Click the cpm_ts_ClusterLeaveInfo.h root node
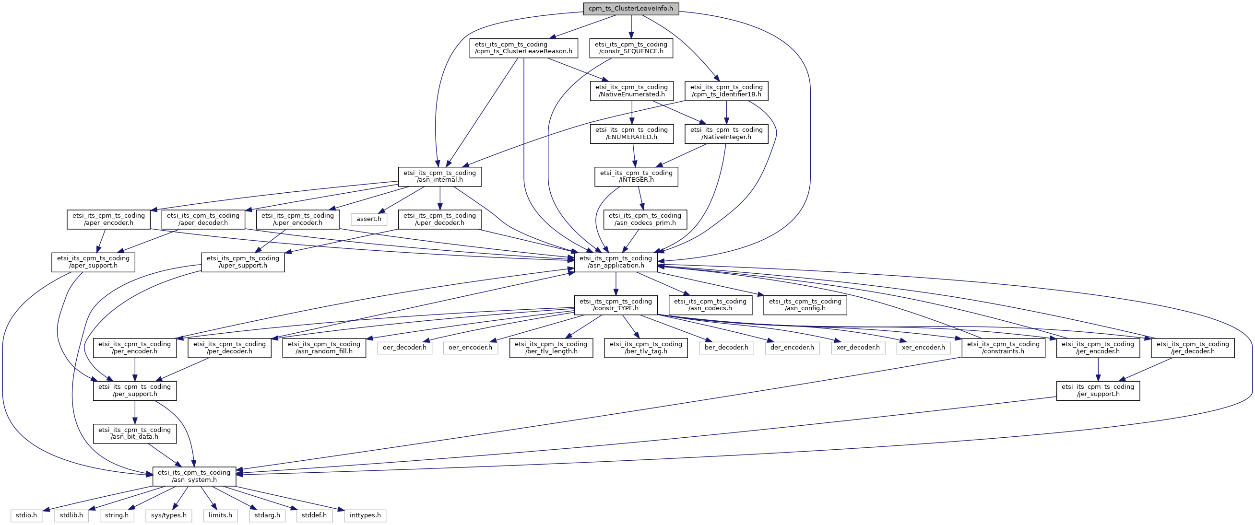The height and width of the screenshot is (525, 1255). (x=631, y=8)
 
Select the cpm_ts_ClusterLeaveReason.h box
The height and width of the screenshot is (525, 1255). (x=524, y=48)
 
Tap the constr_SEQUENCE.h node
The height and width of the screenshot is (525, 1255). (x=631, y=48)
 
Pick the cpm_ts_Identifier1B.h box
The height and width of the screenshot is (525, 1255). (x=726, y=91)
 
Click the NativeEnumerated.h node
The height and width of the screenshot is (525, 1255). (x=631, y=91)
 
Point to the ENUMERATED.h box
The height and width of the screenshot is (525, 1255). (x=631, y=133)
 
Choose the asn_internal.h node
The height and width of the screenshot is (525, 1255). (x=440, y=176)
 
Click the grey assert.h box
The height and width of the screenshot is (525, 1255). (x=369, y=219)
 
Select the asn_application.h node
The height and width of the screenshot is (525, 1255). (x=616, y=262)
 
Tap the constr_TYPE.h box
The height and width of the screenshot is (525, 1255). (x=616, y=305)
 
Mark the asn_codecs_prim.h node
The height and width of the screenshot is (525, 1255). (x=645, y=219)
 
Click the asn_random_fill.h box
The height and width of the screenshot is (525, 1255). (x=324, y=348)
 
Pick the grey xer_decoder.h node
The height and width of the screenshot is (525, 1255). (x=858, y=348)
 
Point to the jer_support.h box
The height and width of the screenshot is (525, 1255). (x=1098, y=391)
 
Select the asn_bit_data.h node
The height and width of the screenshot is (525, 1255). (x=135, y=433)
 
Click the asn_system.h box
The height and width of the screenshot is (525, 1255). (x=194, y=476)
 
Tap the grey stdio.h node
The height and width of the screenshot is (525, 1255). (x=26, y=515)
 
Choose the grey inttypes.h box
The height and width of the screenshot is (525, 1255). (x=365, y=515)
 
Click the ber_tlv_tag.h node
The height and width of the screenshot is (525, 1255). (x=646, y=348)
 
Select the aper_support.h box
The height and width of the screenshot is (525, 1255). (x=93, y=262)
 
